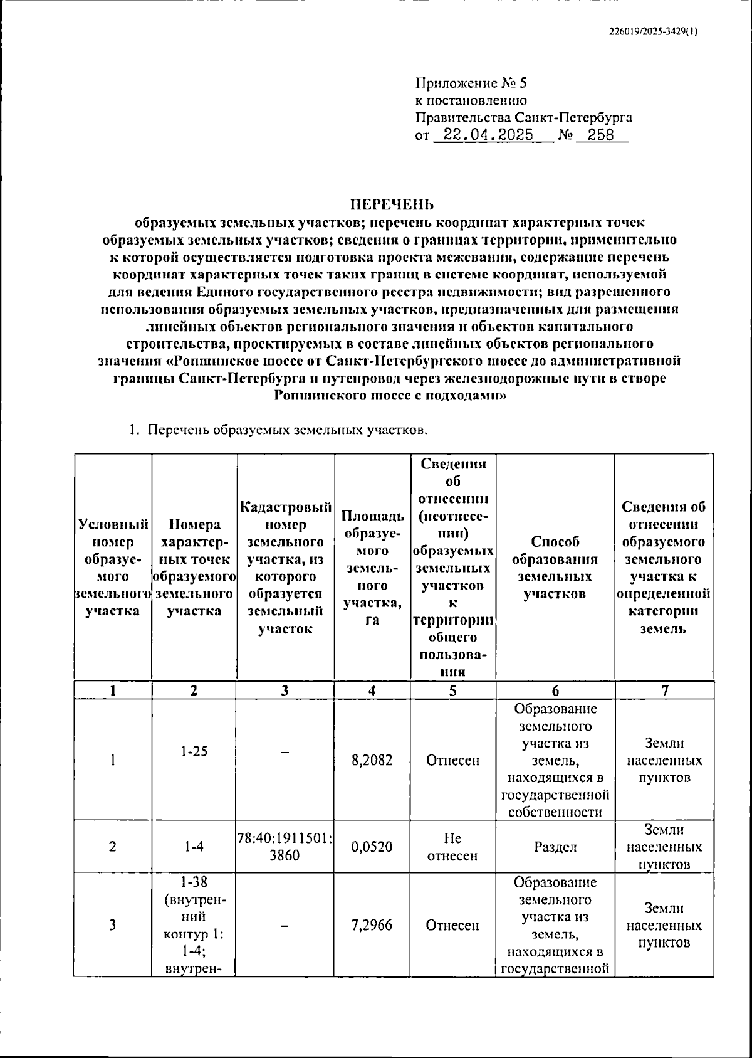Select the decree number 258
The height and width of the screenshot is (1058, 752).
click(601, 135)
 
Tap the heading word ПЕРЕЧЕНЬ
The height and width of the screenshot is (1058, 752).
click(391, 205)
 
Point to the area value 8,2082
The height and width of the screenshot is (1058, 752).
click(372, 761)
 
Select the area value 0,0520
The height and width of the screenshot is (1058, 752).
click(372, 847)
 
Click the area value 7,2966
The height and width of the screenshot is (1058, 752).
click(372, 925)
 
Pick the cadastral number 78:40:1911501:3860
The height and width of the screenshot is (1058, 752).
click(285, 847)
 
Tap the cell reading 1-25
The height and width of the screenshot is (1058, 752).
click(194, 751)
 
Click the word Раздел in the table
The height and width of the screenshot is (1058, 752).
click(555, 847)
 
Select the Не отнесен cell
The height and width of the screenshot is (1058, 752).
click(452, 847)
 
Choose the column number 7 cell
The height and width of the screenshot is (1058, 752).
click(664, 690)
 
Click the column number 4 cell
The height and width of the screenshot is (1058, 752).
click(372, 690)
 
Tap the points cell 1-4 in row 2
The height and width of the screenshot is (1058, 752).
click(194, 847)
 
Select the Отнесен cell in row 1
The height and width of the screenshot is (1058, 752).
click(452, 761)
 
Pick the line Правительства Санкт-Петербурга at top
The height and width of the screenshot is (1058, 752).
click(523, 117)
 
